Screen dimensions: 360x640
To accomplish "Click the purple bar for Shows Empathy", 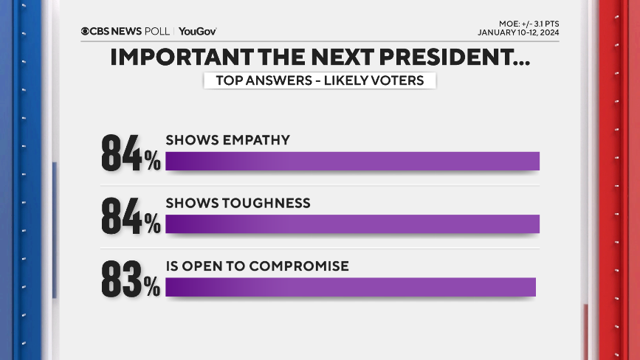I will coord(352,161).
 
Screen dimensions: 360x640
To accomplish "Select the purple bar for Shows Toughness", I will coord(352,224).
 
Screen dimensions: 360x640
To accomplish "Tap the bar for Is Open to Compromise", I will coord(350,287).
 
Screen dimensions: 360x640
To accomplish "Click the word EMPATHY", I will coord(256,140).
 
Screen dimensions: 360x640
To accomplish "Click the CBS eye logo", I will coord(86,31).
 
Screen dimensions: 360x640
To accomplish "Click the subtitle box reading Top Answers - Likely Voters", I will coord(319,80).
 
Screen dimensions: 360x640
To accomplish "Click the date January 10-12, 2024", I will coord(518,32).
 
